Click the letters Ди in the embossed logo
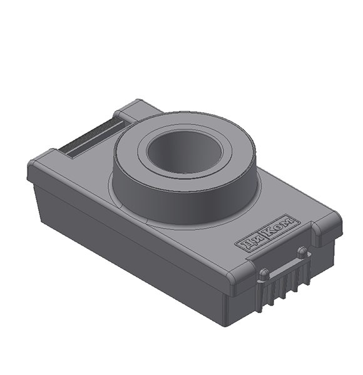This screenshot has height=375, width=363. pos(248,242)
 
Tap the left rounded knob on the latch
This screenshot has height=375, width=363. pos(264,274)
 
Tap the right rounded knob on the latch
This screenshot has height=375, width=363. pos(303,252)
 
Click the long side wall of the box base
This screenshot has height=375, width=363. pos(125,250)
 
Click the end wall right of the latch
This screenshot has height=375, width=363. pos(325,262)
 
